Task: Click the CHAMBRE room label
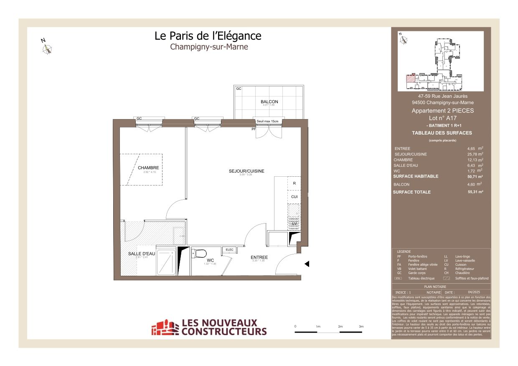coord(148,168)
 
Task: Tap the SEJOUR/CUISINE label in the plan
coord(246,171)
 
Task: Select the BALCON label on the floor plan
coord(269,102)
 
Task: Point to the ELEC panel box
coord(229,250)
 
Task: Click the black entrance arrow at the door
coord(307,264)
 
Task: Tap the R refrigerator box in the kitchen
coord(294,183)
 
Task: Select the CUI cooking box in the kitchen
coord(294,196)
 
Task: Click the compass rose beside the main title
coord(48,49)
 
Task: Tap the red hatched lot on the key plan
coord(411,78)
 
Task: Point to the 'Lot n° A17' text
coord(437,118)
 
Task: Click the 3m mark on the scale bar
coord(361,326)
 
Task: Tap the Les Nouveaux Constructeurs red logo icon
coord(165,328)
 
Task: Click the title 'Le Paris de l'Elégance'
coord(208,36)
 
